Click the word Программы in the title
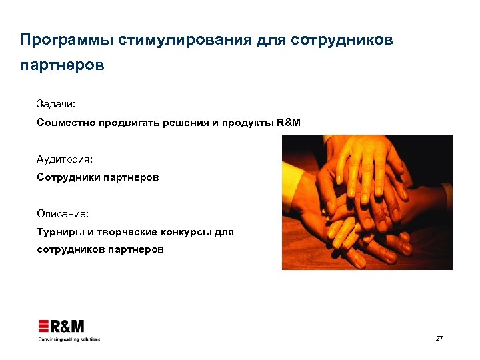(x=66, y=40)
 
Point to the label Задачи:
(x=57, y=105)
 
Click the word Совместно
(x=62, y=123)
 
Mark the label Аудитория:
(x=65, y=160)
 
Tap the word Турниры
(x=57, y=232)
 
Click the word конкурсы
(x=187, y=232)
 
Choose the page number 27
(x=439, y=339)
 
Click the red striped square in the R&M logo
(x=45, y=327)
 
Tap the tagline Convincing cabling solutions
(x=69, y=339)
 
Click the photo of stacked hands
(x=367, y=202)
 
